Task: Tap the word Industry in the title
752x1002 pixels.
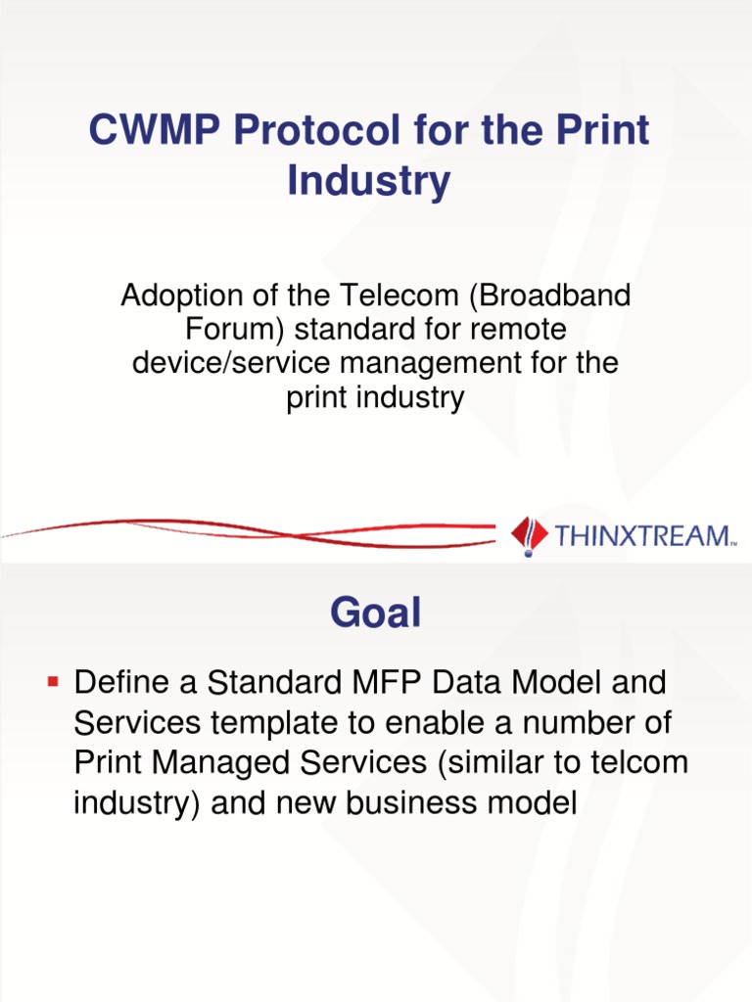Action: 369,181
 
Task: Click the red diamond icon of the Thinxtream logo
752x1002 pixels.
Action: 530,534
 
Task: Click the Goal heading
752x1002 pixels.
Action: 376,614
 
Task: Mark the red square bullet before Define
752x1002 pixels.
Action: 54,678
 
